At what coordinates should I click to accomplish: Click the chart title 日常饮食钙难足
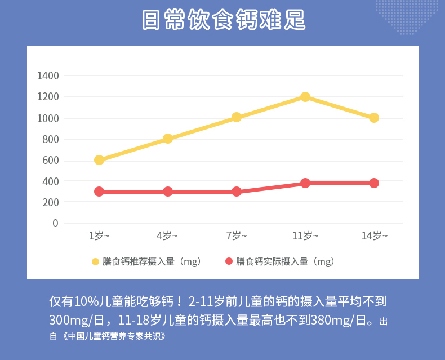(x=222, y=20)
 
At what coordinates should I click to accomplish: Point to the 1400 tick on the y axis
(x=48, y=75)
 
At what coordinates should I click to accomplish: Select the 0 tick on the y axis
(x=55, y=223)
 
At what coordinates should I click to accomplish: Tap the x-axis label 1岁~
(x=99, y=236)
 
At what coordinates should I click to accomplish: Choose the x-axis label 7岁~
(x=237, y=236)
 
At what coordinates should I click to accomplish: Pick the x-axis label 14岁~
(x=374, y=236)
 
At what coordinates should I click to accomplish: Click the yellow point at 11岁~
(x=305, y=97)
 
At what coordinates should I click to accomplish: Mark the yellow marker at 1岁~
(x=99, y=160)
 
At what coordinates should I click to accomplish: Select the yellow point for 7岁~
(x=237, y=117)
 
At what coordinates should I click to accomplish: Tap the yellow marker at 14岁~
(x=374, y=118)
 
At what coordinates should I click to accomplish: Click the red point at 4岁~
(x=168, y=192)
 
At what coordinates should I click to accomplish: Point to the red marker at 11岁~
(x=305, y=183)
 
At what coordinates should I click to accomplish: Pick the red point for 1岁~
(x=99, y=192)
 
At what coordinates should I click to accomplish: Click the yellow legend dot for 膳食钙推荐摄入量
(x=95, y=261)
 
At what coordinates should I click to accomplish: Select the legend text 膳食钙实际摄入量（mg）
(x=285, y=261)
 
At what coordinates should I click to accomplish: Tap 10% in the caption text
(x=83, y=301)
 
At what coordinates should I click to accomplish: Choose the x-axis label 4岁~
(x=168, y=236)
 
